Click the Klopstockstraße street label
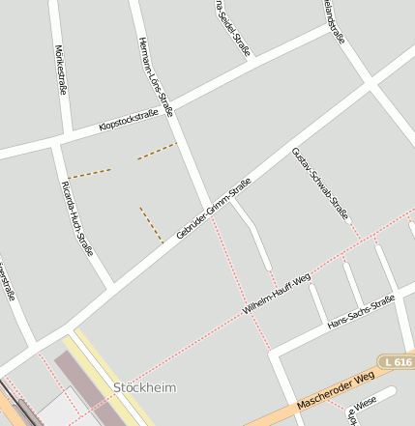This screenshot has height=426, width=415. click(x=128, y=122)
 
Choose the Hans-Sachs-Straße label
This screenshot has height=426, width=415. click(x=361, y=313)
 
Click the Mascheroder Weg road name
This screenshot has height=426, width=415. click(x=337, y=389)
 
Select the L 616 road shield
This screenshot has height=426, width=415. click(x=397, y=361)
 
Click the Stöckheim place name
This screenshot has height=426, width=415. click(x=145, y=387)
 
